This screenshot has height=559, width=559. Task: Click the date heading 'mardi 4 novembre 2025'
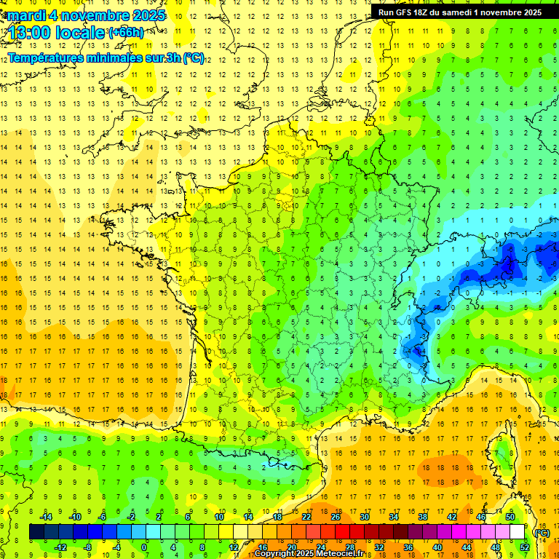pos(87,15)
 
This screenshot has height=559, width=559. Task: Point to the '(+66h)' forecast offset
pos(126,33)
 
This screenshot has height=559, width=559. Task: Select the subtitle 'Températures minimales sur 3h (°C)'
pos(106,58)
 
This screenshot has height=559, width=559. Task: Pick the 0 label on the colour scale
pos(144,547)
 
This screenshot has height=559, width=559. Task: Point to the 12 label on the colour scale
pos(234,547)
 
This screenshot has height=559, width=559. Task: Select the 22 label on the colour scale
pos(306,516)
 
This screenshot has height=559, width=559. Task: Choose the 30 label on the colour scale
pos(365,516)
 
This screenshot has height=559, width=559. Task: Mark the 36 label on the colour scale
pos(408,547)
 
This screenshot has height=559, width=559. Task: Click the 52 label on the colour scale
pos(524,547)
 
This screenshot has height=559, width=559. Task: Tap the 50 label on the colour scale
pos(510,516)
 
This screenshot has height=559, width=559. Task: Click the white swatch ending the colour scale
pos(517,532)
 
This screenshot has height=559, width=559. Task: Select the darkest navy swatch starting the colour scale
pos(36,532)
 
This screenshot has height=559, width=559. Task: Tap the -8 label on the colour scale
pos(87,547)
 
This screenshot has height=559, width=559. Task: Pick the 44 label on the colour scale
pos(466,547)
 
